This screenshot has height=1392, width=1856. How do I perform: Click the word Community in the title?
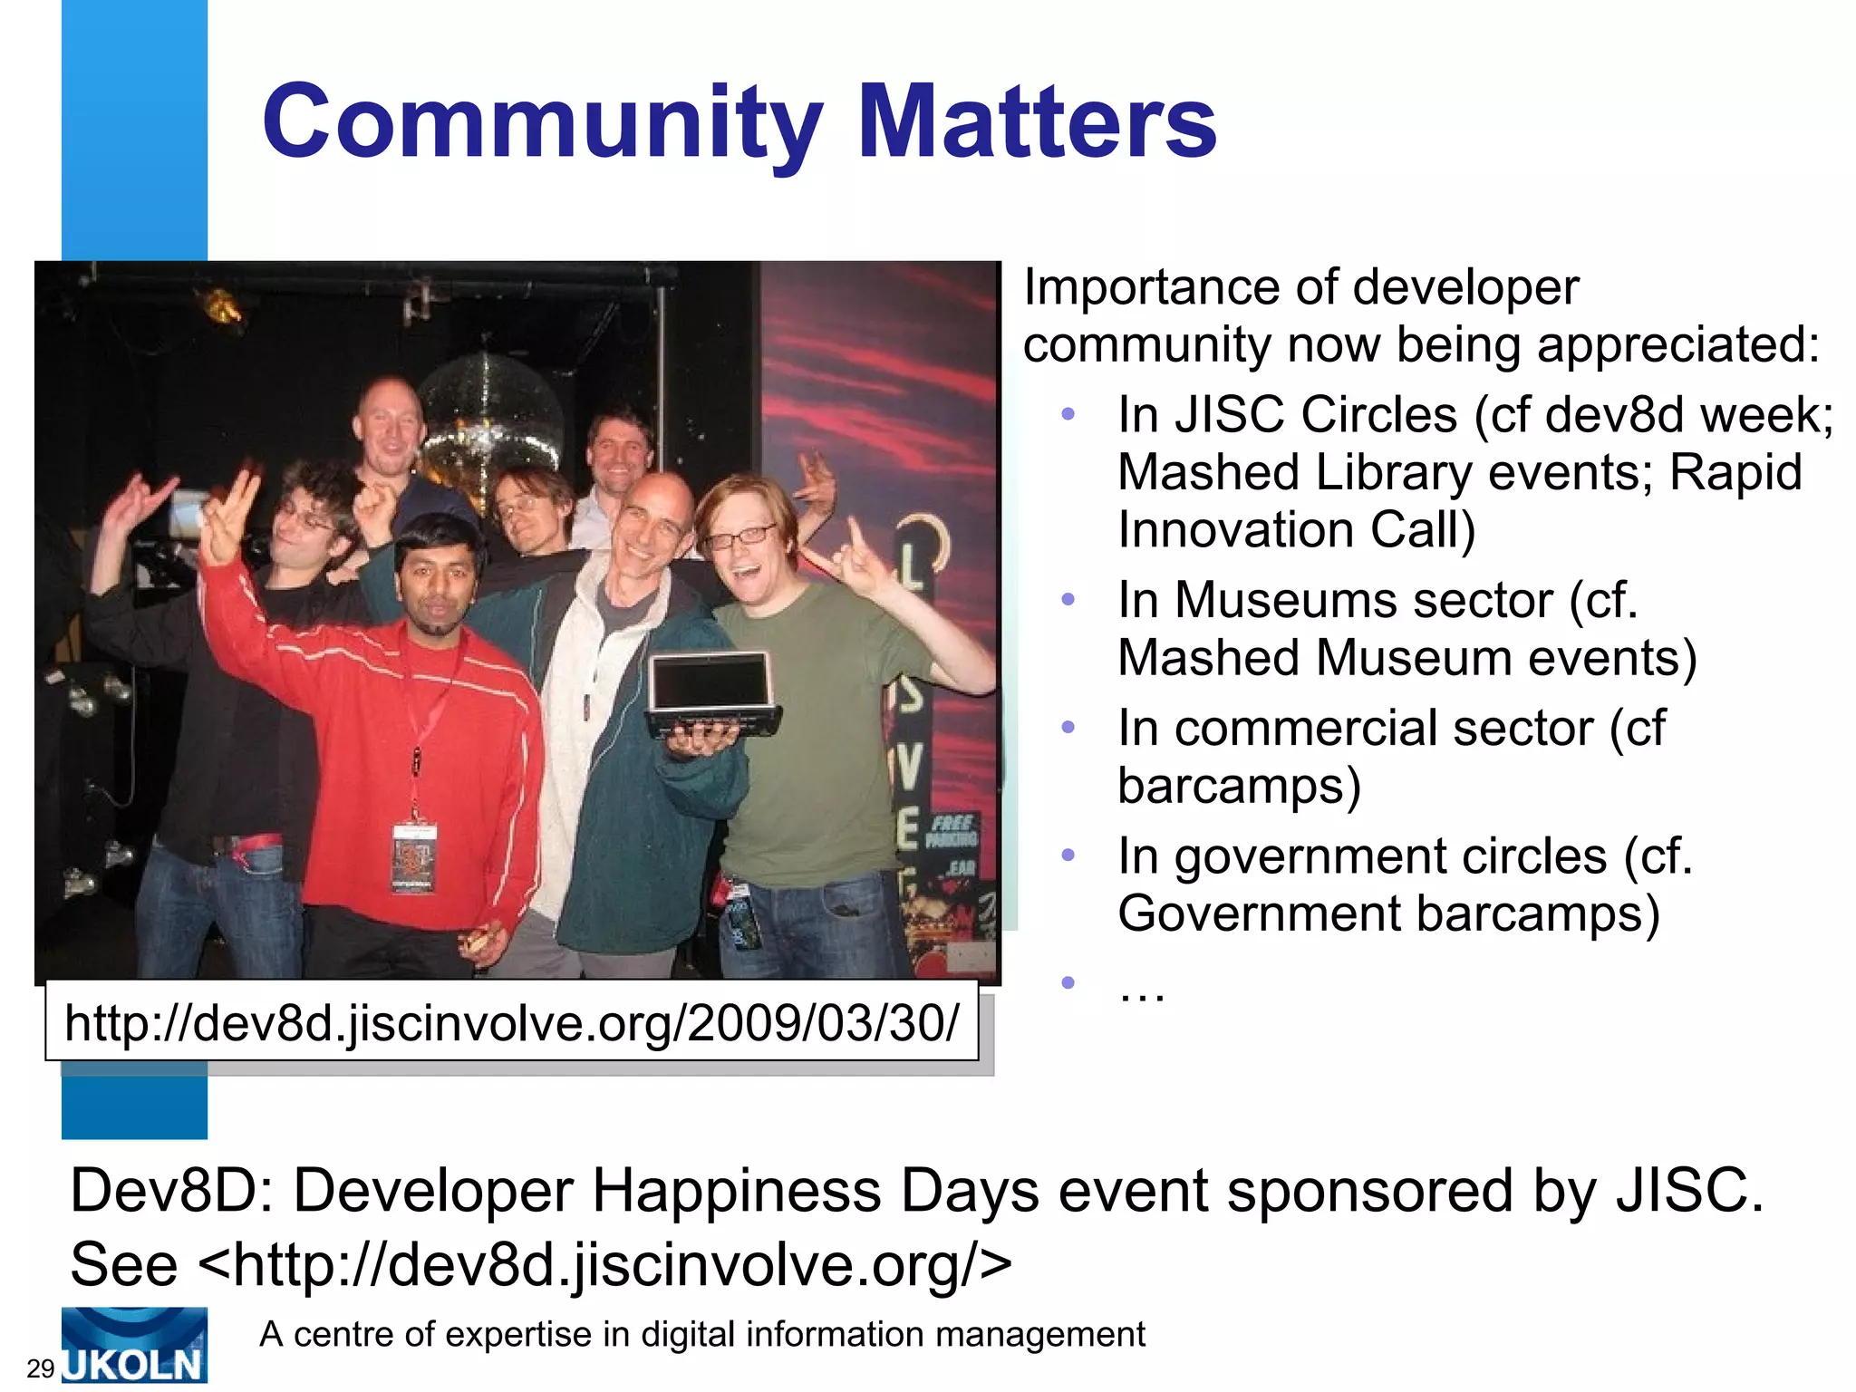coord(542,123)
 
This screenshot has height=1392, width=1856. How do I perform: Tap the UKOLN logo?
coord(134,1346)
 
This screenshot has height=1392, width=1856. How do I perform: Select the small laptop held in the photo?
coord(710,693)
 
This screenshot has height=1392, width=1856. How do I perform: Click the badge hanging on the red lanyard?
coord(414,856)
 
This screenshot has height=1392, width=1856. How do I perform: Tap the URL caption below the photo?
coord(511,1023)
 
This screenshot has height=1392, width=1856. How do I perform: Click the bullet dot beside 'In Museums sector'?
coord(1068,600)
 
